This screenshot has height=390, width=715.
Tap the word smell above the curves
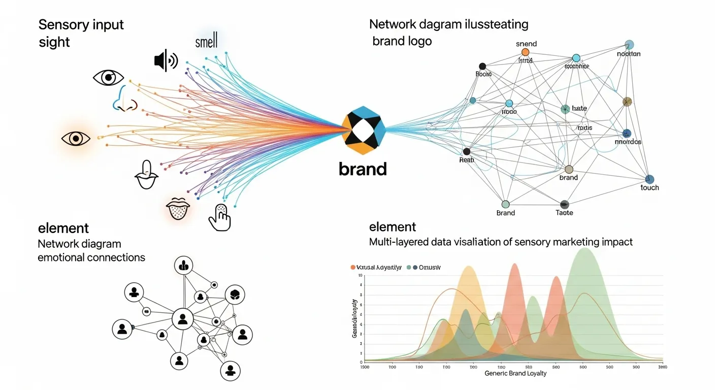pyautogui.click(x=206, y=41)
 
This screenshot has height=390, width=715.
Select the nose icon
pyautogui.click(x=124, y=100)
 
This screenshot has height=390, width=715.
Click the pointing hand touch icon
pyautogui.click(x=220, y=217)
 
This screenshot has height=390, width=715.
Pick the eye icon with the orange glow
pyautogui.click(x=76, y=138)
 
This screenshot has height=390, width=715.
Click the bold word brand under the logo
pyautogui.click(x=363, y=169)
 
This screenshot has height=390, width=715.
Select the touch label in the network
pyautogui.click(x=649, y=187)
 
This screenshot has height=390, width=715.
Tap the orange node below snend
pyautogui.click(x=525, y=52)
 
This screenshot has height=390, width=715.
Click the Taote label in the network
pyautogui.click(x=564, y=213)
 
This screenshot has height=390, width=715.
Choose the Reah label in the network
pyautogui.click(x=466, y=160)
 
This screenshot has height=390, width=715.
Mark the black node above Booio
pyautogui.click(x=482, y=66)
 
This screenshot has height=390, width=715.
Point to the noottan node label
pyautogui.click(x=629, y=54)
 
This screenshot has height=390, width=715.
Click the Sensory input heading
pyautogui.click(x=81, y=24)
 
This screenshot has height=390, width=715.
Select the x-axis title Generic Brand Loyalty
pyautogui.click(x=515, y=373)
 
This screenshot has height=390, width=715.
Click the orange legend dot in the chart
pyautogui.click(x=353, y=267)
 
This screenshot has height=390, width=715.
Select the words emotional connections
pyautogui.click(x=91, y=257)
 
